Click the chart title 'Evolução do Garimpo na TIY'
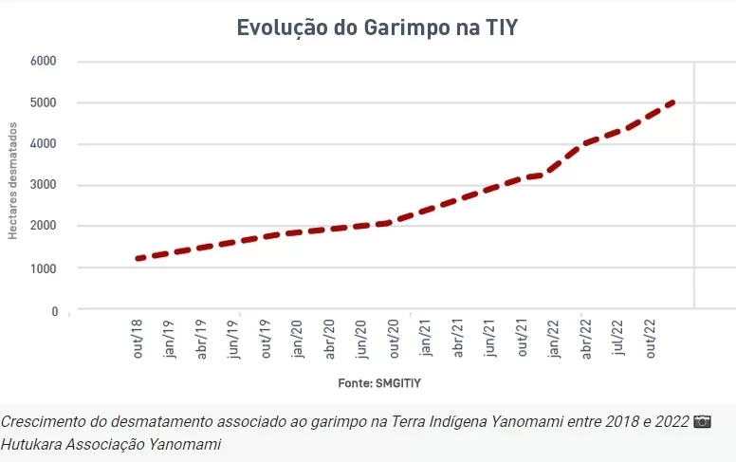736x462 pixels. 377,27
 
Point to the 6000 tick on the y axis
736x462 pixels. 45,61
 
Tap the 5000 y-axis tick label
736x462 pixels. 45,102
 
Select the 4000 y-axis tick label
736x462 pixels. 45,144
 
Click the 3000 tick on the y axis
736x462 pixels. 45,186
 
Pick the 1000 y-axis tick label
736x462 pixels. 45,268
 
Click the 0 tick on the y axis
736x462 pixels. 54,311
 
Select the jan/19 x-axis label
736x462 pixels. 171,340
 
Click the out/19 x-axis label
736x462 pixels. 267,340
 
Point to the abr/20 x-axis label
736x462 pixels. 330,340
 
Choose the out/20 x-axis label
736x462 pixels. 394,340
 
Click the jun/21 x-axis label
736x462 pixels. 489,340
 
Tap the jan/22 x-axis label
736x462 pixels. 554,340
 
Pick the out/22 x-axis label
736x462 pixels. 650,340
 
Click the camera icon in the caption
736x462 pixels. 702,421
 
